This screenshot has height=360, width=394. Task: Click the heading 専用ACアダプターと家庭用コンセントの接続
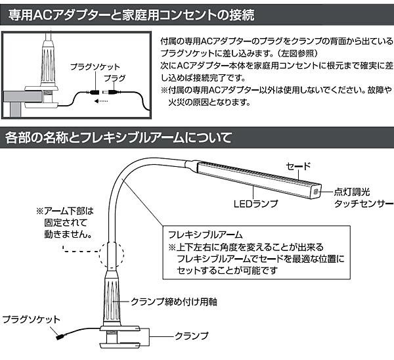[131, 15]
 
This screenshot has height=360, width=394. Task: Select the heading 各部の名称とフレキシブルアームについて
[118, 137]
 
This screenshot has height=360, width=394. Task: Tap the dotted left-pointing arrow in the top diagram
[101, 101]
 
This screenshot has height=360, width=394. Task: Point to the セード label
[299, 166]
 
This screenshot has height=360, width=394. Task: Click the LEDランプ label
[256, 204]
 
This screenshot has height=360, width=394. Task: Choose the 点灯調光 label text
[352, 192]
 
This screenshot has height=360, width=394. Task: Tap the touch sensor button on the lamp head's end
[316, 192]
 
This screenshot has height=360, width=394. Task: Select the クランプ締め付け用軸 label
[174, 302]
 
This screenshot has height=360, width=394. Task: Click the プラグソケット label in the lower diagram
[31, 319]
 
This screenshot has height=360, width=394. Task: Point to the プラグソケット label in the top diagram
[95, 67]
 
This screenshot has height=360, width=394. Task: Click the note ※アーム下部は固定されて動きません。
[65, 223]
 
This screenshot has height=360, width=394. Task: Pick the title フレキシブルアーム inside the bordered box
[206, 235]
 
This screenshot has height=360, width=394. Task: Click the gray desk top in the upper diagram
[22, 97]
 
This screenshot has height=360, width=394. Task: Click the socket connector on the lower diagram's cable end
[60, 336]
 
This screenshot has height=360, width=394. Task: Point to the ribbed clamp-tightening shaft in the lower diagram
[111, 298]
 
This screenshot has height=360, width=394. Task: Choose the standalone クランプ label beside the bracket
[192, 336]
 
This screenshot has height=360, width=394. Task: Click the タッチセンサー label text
[363, 204]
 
